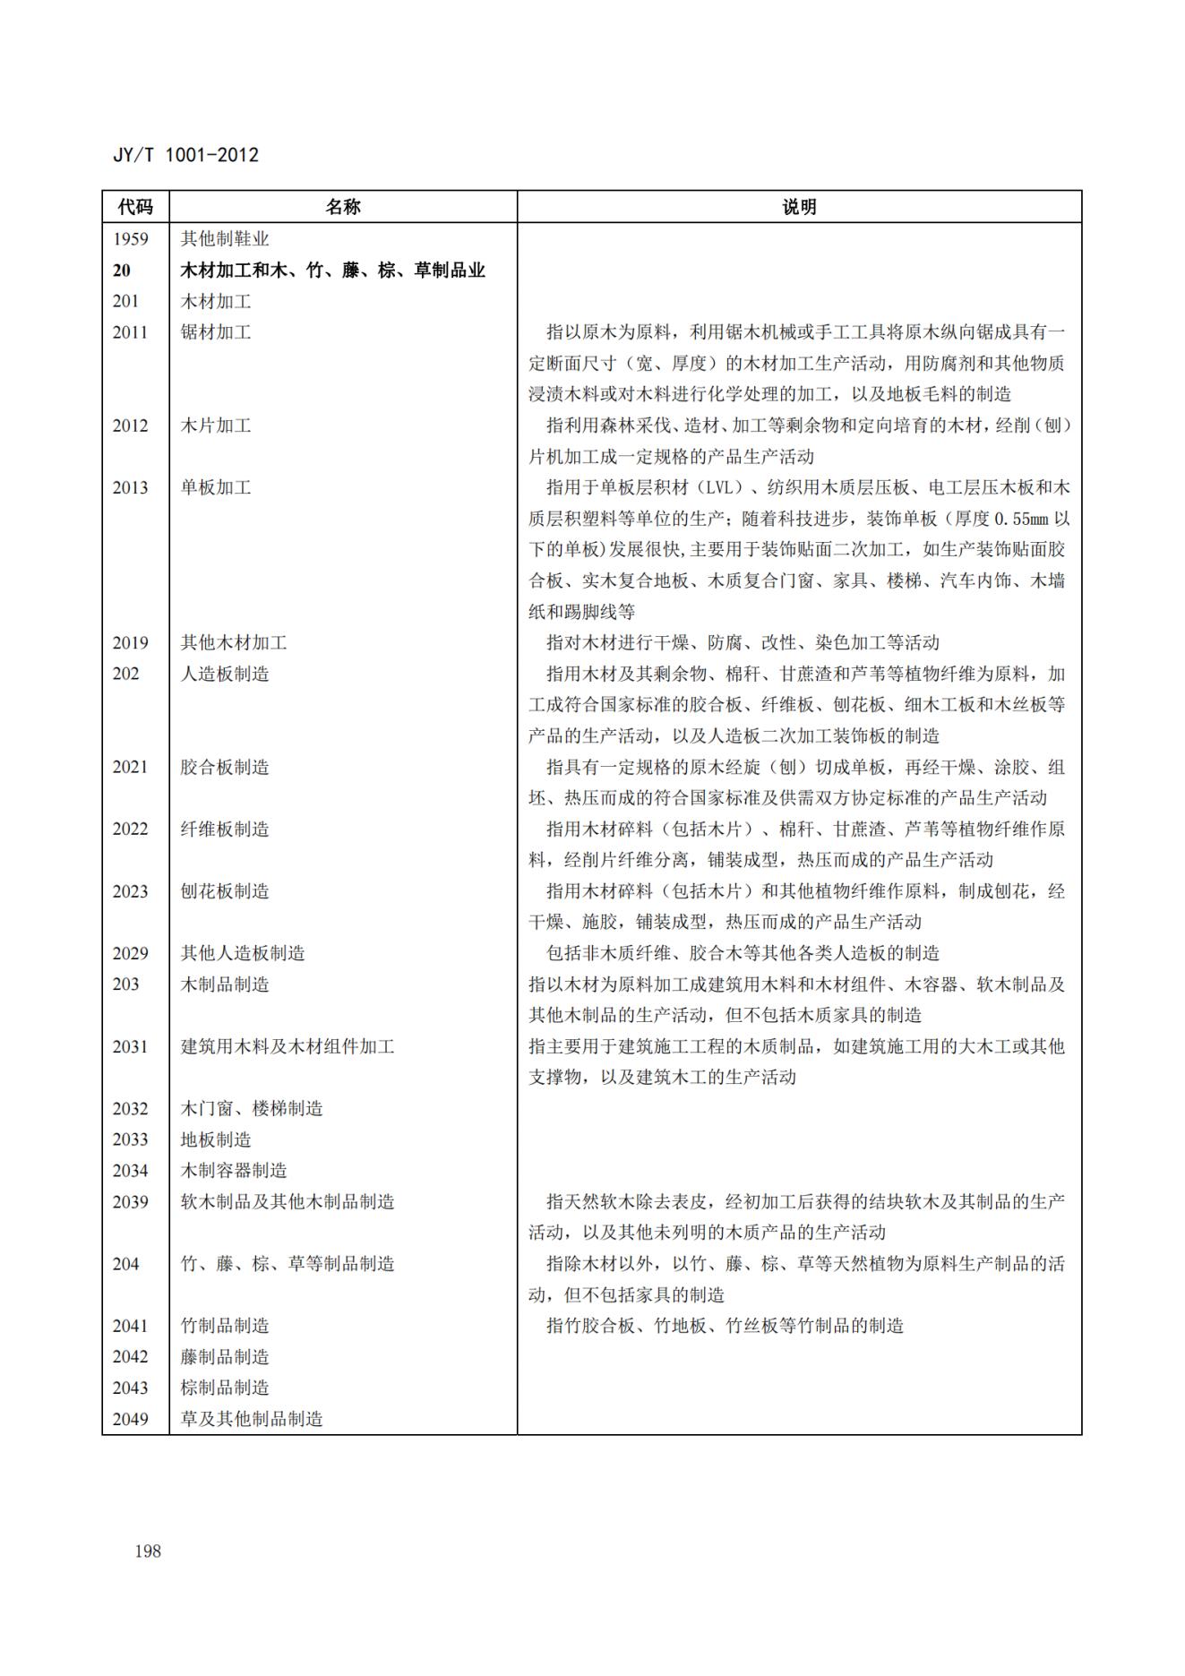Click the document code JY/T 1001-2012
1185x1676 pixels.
185,155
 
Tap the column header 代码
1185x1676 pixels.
135,207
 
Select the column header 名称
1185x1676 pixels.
342,207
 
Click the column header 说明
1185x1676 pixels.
799,207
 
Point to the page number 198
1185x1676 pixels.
148,1551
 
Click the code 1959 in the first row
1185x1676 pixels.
130,239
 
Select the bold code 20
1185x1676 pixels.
121,271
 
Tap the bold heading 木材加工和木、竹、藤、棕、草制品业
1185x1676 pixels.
332,271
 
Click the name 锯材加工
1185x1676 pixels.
216,332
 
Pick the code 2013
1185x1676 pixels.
130,487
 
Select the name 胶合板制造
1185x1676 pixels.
225,767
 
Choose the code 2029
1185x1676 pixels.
130,953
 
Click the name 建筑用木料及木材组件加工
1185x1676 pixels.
288,1046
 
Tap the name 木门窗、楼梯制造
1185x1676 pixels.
252,1108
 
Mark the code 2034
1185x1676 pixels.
130,1171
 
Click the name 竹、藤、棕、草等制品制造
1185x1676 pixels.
288,1264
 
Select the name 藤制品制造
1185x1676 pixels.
225,1357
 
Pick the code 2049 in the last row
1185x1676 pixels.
130,1419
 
